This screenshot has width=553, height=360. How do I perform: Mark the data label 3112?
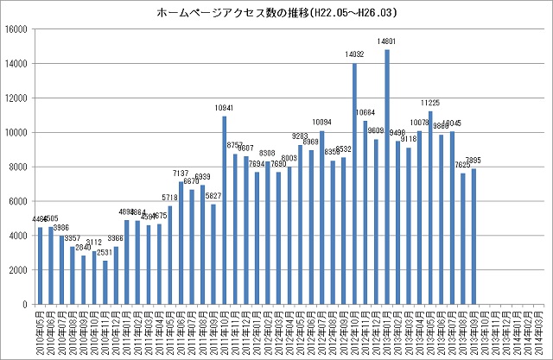[x=94, y=243]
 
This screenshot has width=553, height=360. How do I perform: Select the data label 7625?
[x=463, y=165]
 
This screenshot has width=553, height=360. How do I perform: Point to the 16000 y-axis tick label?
[x=16, y=29]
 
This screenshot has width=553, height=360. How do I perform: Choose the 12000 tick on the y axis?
[x=16, y=98]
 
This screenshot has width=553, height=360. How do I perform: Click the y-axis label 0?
[x=27, y=305]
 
